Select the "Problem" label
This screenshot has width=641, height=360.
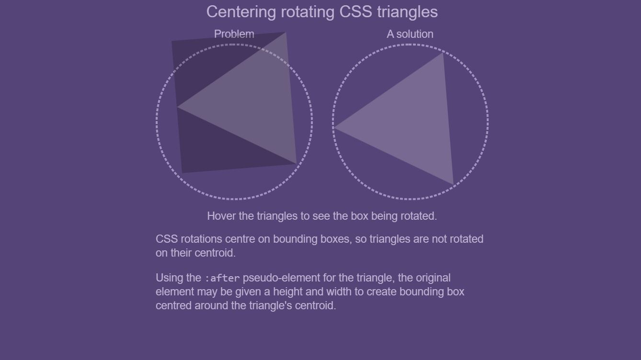(234, 34)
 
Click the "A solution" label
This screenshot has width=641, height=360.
(410, 34)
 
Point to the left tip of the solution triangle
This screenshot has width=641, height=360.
(334, 127)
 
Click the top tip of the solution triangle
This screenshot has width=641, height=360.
(442, 54)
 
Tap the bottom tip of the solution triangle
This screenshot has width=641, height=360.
(452, 183)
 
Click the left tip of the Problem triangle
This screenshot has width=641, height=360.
(178, 107)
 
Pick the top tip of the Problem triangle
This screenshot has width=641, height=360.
(285, 33)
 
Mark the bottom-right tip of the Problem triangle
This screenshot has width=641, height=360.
(296, 164)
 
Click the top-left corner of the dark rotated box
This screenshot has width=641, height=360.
(172, 42)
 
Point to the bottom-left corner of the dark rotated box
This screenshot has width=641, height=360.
(183, 172)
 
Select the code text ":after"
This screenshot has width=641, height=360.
(222, 278)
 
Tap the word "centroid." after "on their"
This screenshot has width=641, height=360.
(215, 253)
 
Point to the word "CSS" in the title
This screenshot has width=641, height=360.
(355, 12)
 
